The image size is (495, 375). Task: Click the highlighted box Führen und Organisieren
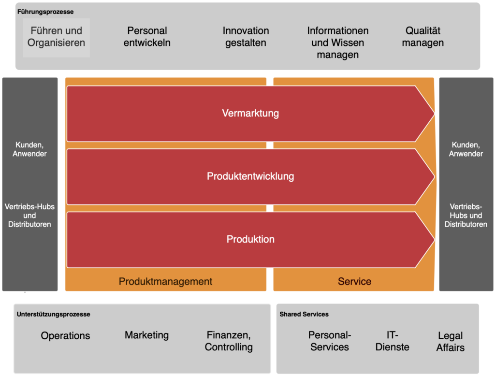click(x=56, y=38)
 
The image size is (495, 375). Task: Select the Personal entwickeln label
click(x=147, y=37)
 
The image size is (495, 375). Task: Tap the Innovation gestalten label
click(x=246, y=37)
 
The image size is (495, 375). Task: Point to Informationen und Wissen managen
click(x=338, y=43)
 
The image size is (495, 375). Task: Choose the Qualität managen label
click(x=422, y=37)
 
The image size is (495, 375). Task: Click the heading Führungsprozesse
click(x=45, y=12)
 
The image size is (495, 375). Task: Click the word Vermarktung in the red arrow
click(x=250, y=113)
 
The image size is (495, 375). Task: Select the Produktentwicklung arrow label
click(x=250, y=176)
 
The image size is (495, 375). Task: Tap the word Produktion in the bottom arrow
click(x=250, y=239)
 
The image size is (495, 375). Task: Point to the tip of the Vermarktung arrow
click(x=435, y=114)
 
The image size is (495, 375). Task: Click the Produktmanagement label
click(x=165, y=281)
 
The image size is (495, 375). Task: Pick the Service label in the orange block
click(x=354, y=281)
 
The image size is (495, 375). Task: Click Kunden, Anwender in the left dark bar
click(x=29, y=149)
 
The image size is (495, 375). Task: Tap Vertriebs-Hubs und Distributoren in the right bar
click(x=466, y=216)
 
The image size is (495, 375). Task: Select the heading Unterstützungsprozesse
click(x=53, y=314)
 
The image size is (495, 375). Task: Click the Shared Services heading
click(x=304, y=314)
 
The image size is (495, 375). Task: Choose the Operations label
click(x=65, y=335)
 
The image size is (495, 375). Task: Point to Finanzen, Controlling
click(x=229, y=341)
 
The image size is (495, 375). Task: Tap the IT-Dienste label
click(x=392, y=341)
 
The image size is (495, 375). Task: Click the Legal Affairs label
click(x=450, y=342)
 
